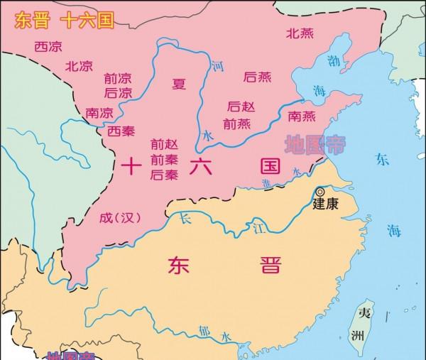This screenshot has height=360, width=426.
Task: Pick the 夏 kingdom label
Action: click(x=178, y=84)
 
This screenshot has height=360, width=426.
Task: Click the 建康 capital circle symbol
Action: click(x=320, y=192)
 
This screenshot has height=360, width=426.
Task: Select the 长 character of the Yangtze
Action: click(x=186, y=216)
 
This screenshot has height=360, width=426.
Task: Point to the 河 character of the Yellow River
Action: click(x=218, y=66)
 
